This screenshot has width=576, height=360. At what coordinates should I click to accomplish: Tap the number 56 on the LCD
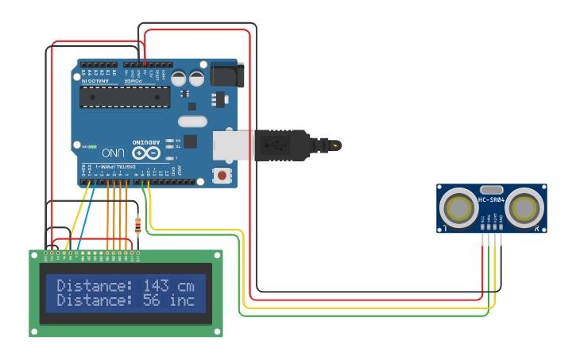click(150, 301)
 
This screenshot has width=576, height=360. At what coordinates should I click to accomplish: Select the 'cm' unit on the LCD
click(187, 286)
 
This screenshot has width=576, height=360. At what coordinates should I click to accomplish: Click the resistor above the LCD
click(138, 226)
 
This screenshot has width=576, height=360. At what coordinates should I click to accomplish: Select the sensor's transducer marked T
click(459, 208)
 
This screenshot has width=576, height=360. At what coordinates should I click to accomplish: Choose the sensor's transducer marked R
click(524, 208)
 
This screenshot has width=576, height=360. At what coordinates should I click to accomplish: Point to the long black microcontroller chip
click(125, 97)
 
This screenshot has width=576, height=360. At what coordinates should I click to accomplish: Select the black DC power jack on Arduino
click(226, 75)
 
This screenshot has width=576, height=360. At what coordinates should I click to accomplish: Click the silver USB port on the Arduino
click(224, 145)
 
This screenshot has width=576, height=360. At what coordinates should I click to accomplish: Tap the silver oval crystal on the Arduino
click(192, 122)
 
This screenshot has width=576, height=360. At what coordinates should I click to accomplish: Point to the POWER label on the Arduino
click(137, 80)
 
